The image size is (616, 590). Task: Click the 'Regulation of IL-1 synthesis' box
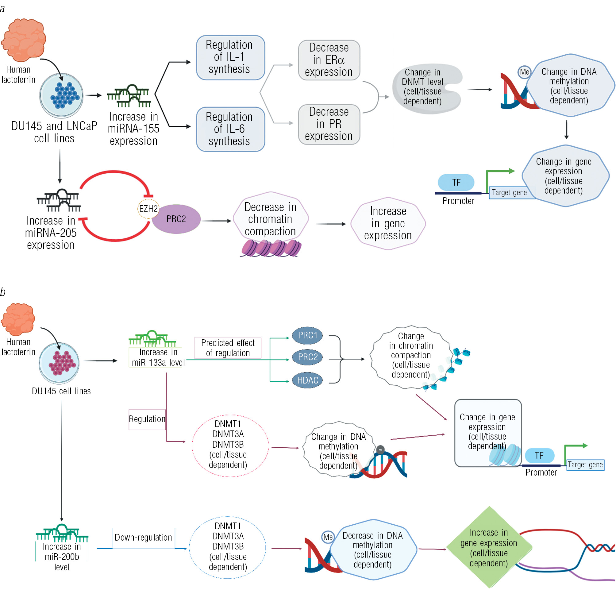pyautogui.click(x=230, y=57)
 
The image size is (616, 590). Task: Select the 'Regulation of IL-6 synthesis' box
pyautogui.click(x=230, y=129)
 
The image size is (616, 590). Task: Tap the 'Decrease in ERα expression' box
pyautogui.click(x=329, y=60)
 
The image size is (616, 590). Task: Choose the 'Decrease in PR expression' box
pyautogui.click(x=329, y=124)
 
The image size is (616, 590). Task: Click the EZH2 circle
pyautogui.click(x=148, y=208)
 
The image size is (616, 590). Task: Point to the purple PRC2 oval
pyautogui.click(x=176, y=219)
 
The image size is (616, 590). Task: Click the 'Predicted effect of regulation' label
pyautogui.click(x=228, y=348)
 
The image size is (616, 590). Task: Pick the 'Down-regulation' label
pyautogui.click(x=143, y=537)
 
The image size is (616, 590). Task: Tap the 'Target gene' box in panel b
pyautogui.click(x=585, y=465)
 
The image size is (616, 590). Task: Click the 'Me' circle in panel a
pyautogui.click(x=524, y=72)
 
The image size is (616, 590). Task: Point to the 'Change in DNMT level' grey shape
pyautogui.click(x=424, y=88)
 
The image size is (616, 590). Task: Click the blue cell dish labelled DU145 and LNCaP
pyautogui.click(x=62, y=95)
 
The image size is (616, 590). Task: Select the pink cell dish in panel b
pyautogui.click(x=59, y=363)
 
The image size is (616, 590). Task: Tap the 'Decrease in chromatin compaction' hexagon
pyautogui.click(x=270, y=219)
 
